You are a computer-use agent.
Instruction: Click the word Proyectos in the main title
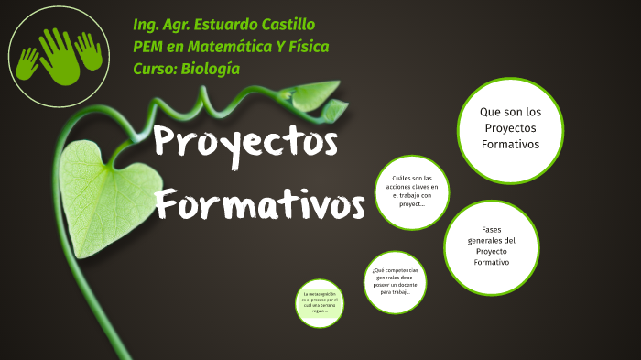pos(244,144)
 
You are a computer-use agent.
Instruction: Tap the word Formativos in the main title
pos(259,202)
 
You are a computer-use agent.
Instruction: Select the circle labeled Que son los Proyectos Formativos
pos(510,129)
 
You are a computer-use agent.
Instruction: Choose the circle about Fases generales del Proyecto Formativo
pos(491,247)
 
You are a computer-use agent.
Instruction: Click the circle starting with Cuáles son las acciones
pos(412,191)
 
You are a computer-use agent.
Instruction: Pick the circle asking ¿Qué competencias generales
pos(396,282)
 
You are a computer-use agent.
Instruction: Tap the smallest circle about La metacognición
pos(320,303)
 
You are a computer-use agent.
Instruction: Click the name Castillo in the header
pos(291,24)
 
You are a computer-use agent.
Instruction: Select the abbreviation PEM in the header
pos(150,46)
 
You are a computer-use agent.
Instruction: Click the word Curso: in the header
pos(154,68)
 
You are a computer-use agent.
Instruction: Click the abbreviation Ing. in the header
pos(147,24)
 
